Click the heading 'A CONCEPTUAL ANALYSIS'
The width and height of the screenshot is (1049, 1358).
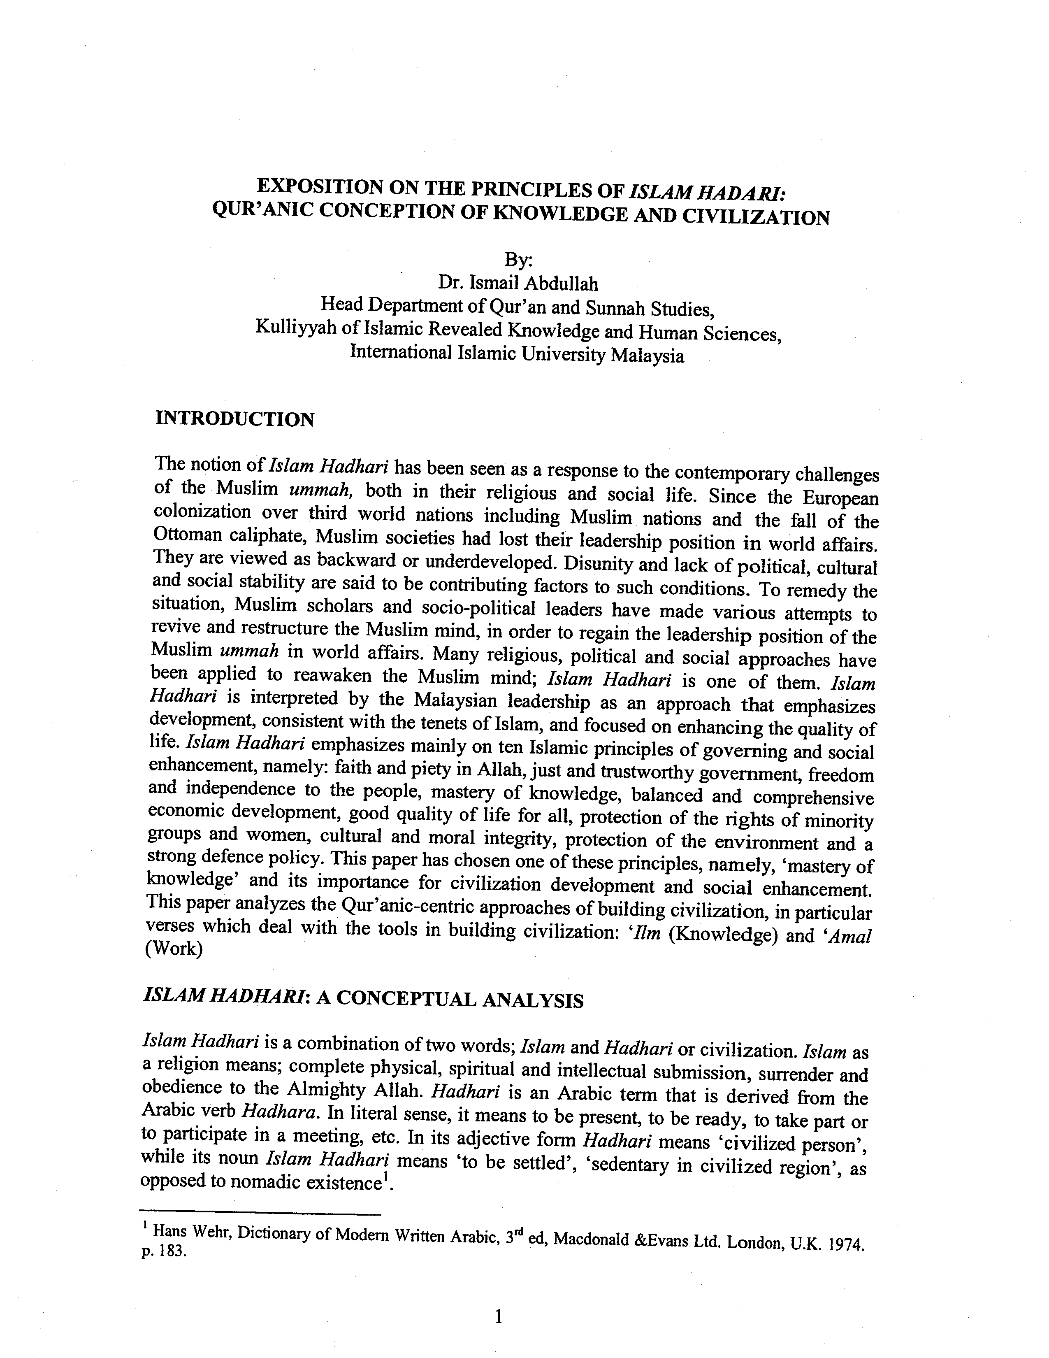(x=450, y=1000)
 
